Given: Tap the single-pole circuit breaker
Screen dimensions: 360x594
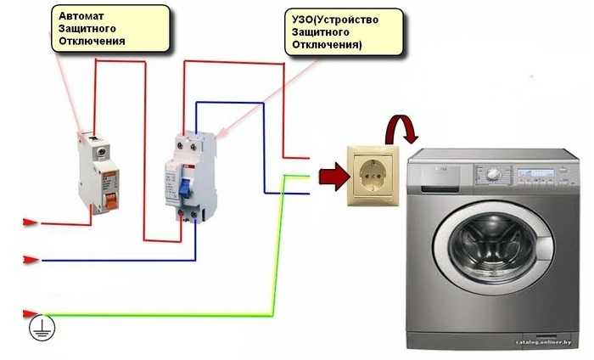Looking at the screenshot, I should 98,174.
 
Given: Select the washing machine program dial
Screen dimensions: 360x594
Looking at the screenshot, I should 493,174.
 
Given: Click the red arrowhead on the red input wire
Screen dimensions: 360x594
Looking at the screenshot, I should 29,223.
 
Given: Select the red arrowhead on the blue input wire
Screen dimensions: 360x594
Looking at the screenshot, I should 29,259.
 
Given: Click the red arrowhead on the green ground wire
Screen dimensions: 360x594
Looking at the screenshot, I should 29,314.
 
